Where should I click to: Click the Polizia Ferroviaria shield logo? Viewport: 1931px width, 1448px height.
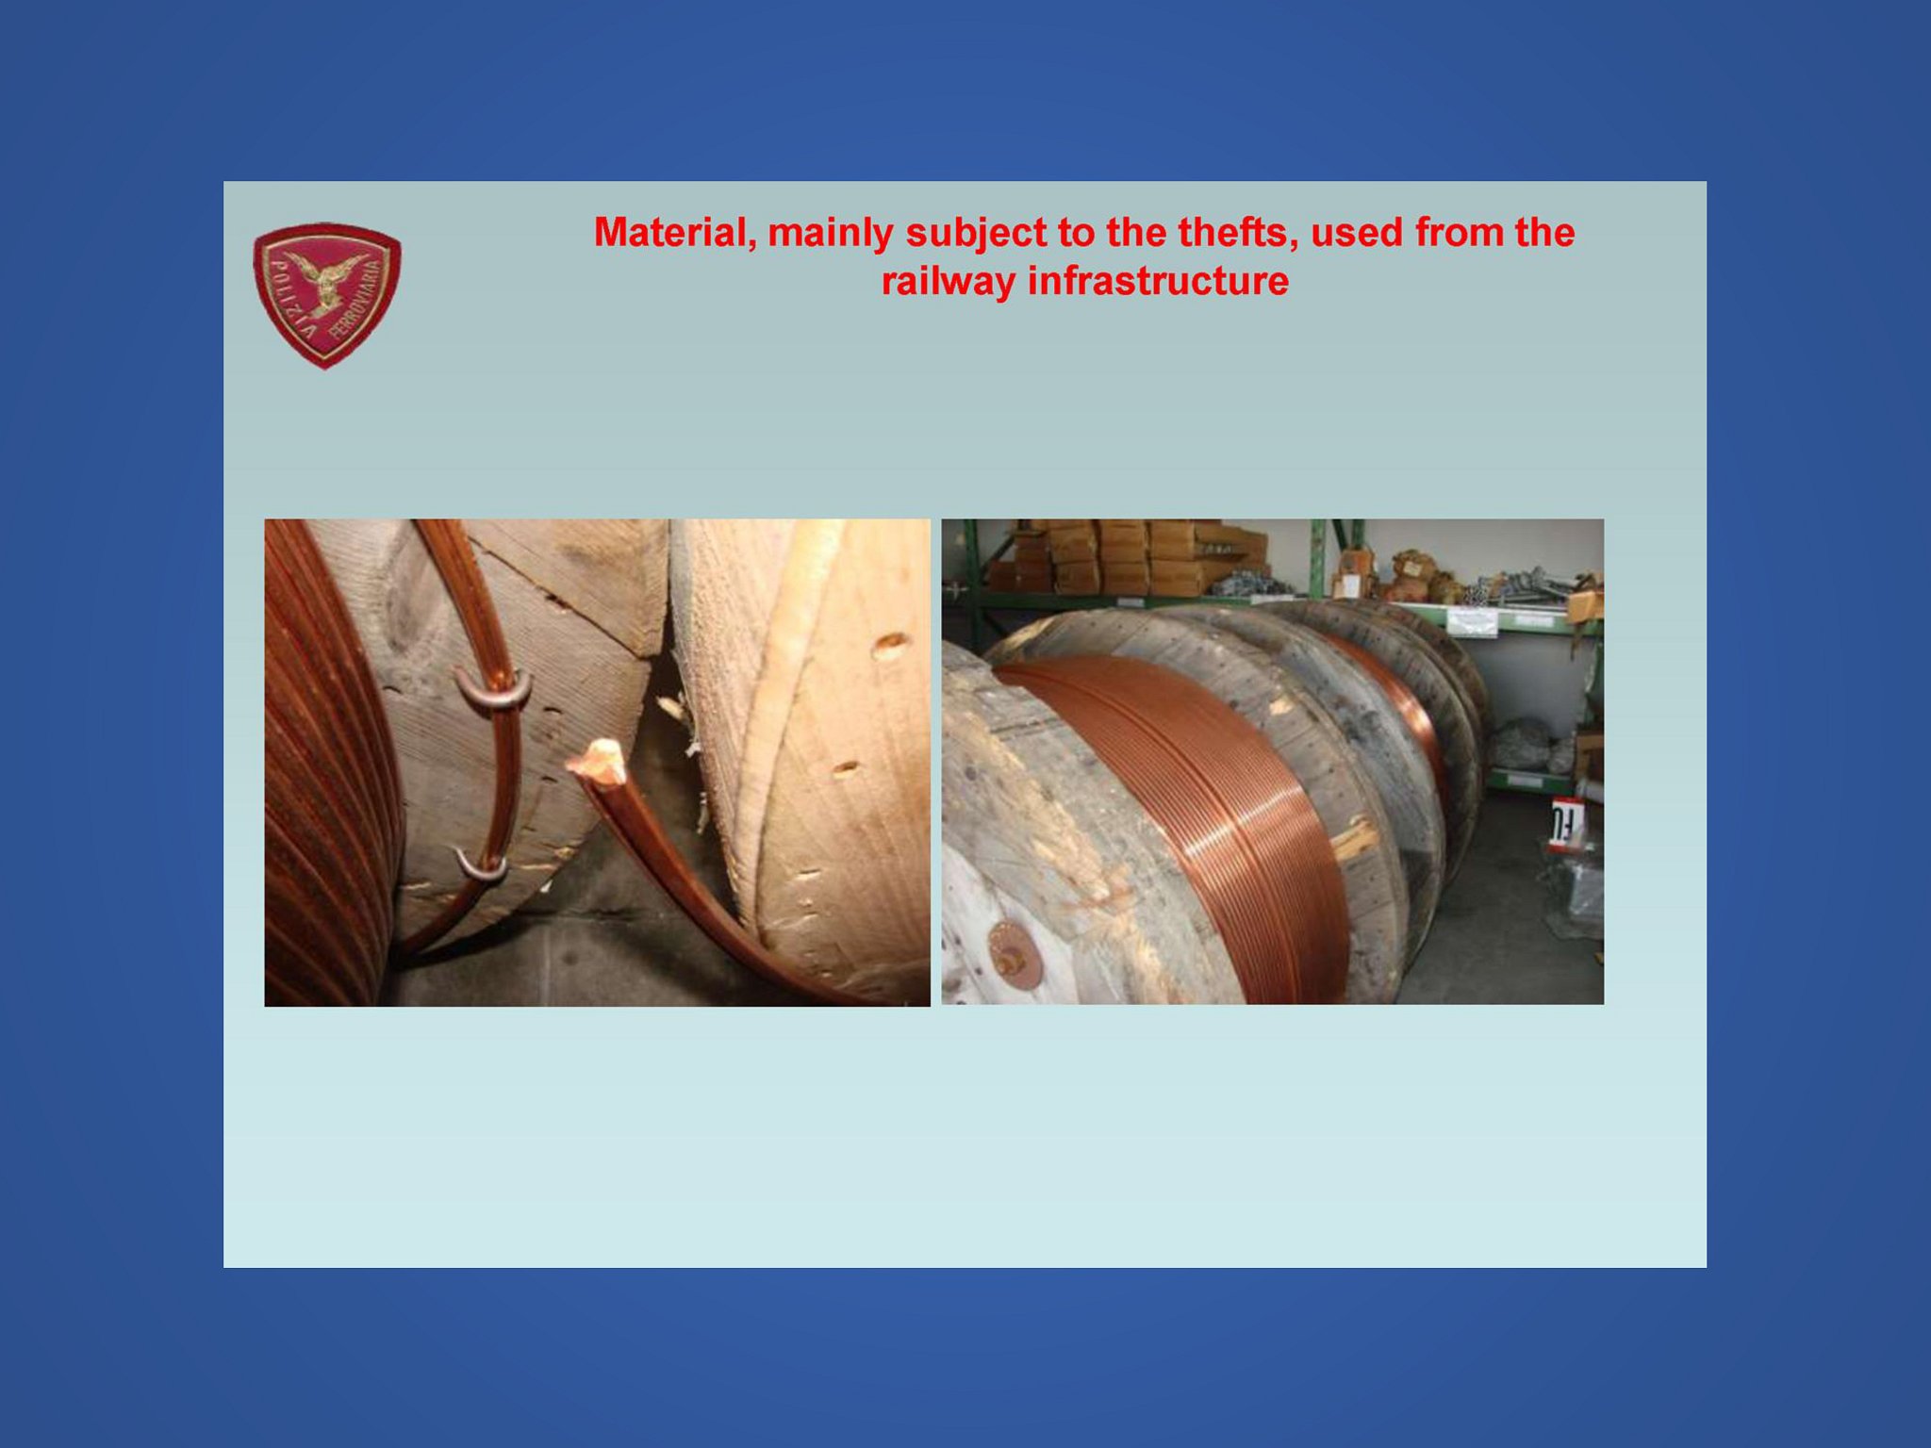coord(326,295)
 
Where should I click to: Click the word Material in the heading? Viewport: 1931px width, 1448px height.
coord(675,233)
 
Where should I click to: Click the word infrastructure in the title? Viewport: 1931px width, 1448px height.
coord(1159,281)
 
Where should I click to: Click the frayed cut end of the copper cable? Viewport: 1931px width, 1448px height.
coord(598,762)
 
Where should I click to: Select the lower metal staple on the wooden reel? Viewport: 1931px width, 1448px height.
coord(482,866)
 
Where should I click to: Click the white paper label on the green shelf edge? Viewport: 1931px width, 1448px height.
coord(1472,621)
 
